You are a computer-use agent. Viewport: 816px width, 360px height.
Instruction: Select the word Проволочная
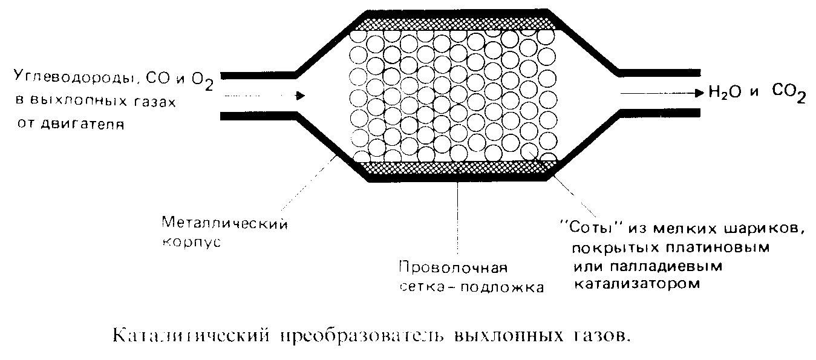click(452, 267)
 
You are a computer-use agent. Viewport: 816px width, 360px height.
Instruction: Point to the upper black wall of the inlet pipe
click(257, 75)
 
